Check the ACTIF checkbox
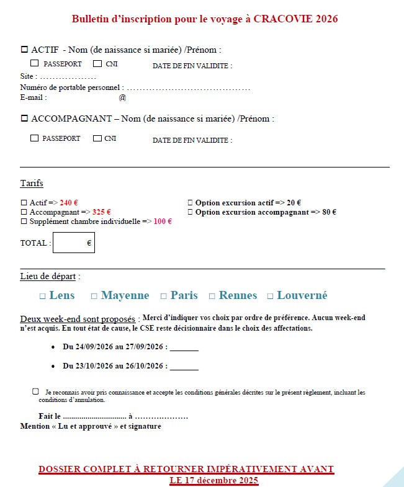[25, 49]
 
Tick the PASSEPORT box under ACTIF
[34, 63]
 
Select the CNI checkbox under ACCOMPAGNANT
[97, 138]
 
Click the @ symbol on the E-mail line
[122, 97]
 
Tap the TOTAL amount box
[73, 243]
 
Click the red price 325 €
[101, 212]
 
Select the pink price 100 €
[162, 221]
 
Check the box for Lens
[43, 297]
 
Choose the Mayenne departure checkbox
[94, 297]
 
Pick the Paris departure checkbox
[164, 297]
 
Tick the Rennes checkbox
[212, 297]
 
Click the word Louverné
[302, 295]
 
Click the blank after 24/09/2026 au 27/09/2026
[184, 347]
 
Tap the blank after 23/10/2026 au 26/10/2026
[184, 366]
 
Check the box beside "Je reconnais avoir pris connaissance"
[35, 391]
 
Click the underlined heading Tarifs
[32, 184]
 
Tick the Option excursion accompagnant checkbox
[190, 212]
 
